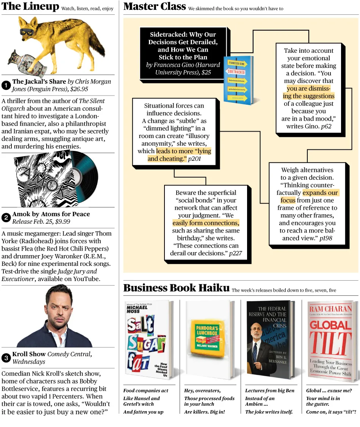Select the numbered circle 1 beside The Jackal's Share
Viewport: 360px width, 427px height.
click(x=6, y=85)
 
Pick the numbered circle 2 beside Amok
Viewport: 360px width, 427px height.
click(x=6, y=217)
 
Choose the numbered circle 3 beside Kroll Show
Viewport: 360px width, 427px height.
click(x=6, y=358)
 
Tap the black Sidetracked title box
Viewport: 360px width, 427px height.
click(x=183, y=53)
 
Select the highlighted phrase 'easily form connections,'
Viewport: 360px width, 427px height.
click(x=206, y=223)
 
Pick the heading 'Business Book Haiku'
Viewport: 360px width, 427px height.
click(x=176, y=288)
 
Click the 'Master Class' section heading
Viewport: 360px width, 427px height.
click(x=155, y=6)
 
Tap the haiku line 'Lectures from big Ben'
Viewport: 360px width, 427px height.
click(x=269, y=391)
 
